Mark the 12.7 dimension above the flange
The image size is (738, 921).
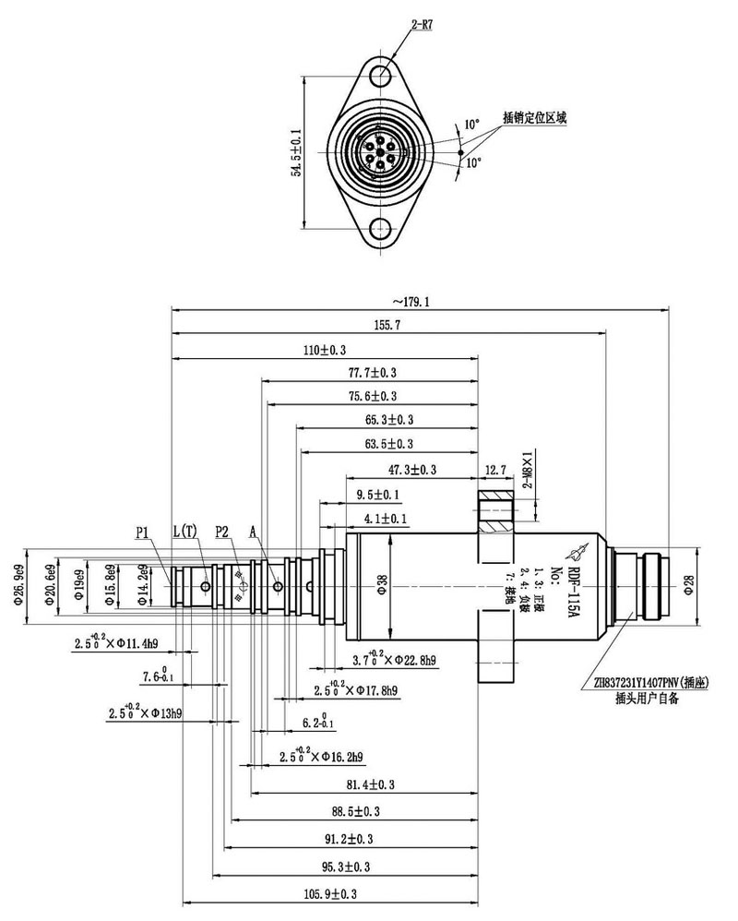pos(496,470)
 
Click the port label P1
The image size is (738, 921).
pos(143,532)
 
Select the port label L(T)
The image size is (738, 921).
pos(184,532)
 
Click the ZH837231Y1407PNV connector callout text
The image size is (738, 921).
pos(646,684)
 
